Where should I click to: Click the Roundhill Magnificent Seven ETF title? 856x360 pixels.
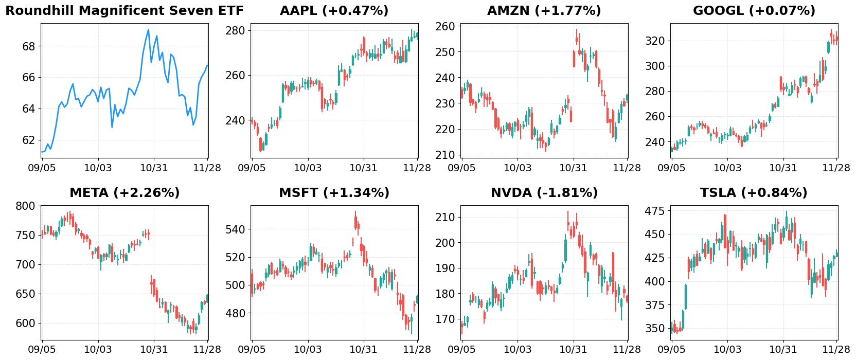(124, 11)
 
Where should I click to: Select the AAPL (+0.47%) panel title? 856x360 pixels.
(334, 11)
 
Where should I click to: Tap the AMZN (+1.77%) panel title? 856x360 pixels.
(544, 11)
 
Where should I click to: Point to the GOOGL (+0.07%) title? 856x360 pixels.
(754, 11)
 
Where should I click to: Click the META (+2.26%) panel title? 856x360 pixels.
(124, 193)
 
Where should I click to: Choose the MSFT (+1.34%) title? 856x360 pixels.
(334, 193)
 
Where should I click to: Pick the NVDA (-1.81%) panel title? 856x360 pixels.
(544, 193)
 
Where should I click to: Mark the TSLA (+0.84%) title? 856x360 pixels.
(754, 193)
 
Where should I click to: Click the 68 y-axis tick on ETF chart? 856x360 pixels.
(29, 47)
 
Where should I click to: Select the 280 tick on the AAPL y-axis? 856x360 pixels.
(236, 31)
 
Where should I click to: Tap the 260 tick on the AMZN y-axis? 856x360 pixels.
(445, 27)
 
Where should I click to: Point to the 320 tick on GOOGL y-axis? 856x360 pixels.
(655, 41)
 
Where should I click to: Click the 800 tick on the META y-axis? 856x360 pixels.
(26, 206)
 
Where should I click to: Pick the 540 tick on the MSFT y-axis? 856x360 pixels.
(236, 229)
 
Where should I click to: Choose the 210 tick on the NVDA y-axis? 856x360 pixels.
(445, 218)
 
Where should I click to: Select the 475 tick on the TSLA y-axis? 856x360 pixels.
(655, 211)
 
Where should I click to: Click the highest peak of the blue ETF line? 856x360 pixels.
(149, 29)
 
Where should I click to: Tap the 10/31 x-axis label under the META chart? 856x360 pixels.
(154, 350)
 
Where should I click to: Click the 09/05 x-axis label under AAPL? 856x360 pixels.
(252, 168)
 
